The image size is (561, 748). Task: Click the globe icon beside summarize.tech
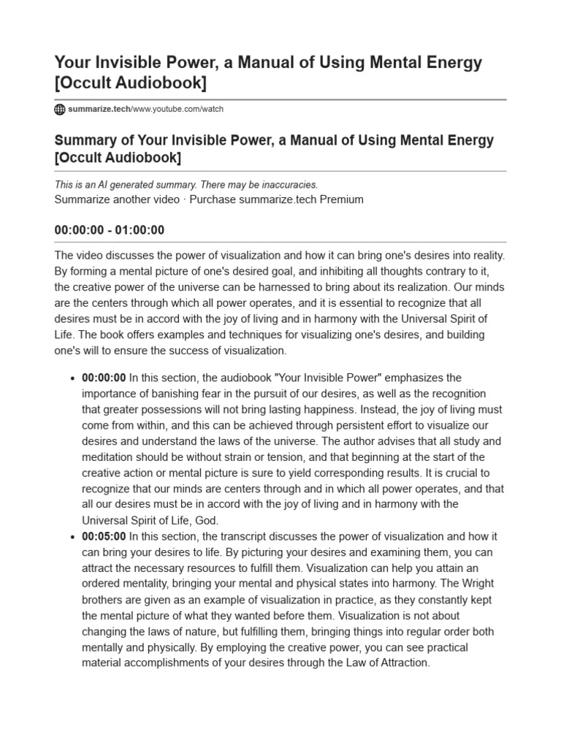click(60, 110)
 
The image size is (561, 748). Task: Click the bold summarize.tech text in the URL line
click(99, 110)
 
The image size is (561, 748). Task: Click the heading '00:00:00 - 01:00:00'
click(110, 230)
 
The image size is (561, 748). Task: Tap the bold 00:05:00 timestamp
click(104, 536)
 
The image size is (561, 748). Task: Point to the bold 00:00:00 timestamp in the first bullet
click(104, 378)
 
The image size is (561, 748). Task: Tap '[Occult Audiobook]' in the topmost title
click(131, 83)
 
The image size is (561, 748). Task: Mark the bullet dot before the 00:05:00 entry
click(71, 537)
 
